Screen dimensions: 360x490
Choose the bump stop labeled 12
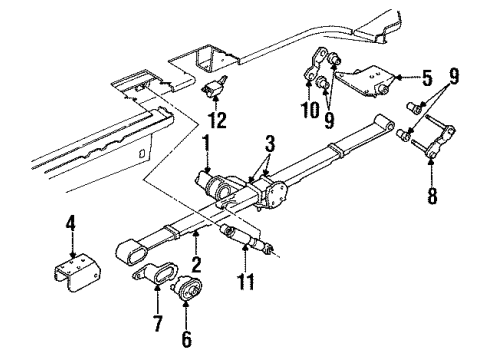pyautogui.click(x=214, y=90)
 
